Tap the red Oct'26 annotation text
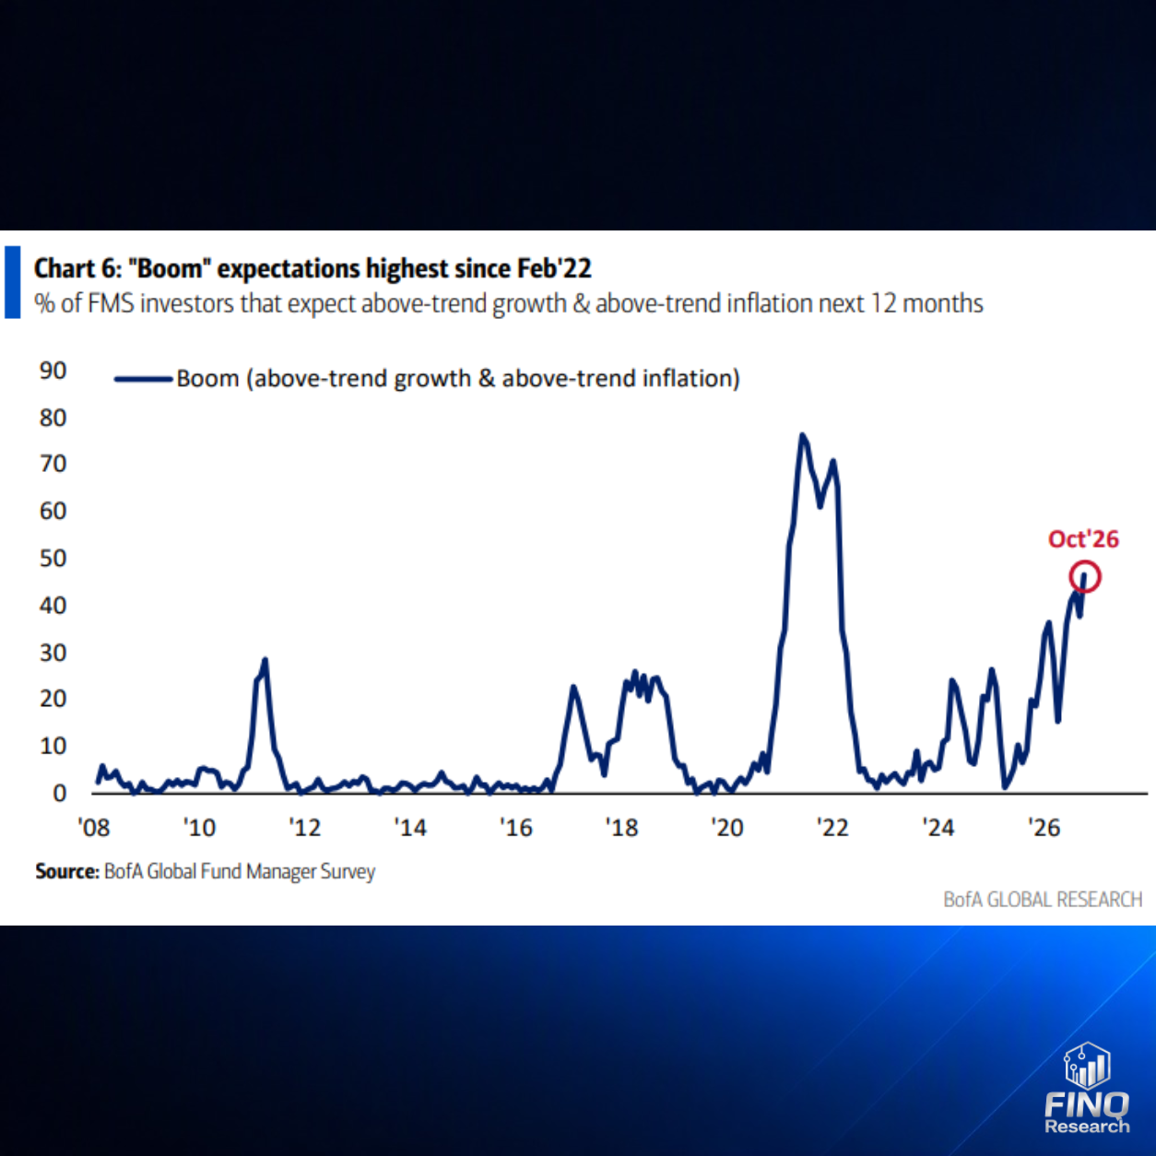click(x=1083, y=538)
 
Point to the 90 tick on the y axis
click(x=53, y=371)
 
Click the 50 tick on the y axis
click(x=53, y=558)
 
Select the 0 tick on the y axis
click(x=59, y=793)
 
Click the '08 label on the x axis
click(x=94, y=828)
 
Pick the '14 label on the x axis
click(x=410, y=828)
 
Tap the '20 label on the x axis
click(x=727, y=828)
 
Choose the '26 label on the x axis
click(x=1044, y=828)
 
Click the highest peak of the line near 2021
click(x=802, y=435)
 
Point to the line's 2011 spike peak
click(x=265, y=660)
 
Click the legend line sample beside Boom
click(x=144, y=379)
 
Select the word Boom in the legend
click(x=207, y=379)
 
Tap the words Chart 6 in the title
click(x=77, y=268)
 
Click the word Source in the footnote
click(x=67, y=871)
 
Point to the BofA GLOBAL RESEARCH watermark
click(x=1043, y=900)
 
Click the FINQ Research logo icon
click(x=1087, y=1066)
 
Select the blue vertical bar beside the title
click(x=12, y=282)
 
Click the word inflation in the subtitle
click(x=769, y=303)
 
